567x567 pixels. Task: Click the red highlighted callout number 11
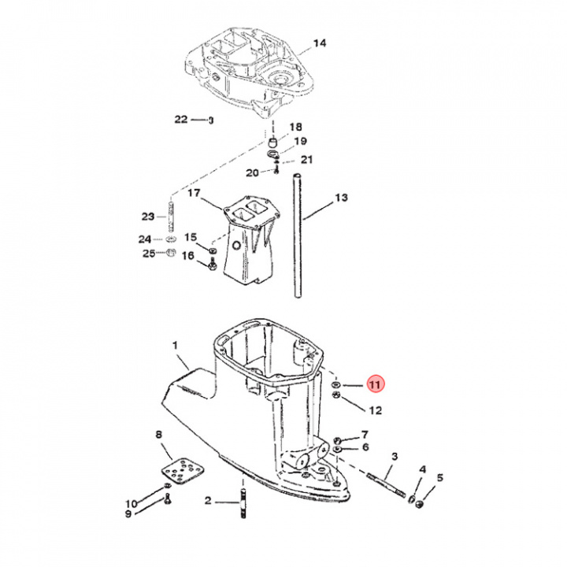click(x=375, y=384)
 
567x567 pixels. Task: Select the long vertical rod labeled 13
click(x=298, y=236)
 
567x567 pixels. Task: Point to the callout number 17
click(x=194, y=193)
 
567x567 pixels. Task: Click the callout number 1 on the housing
click(x=175, y=345)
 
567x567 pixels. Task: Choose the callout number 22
click(x=181, y=120)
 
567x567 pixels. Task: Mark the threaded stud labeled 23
click(x=170, y=217)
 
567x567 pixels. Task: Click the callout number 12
click(x=375, y=409)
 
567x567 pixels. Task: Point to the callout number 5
click(x=439, y=477)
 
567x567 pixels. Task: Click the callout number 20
click(x=252, y=172)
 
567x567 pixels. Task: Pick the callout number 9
click(x=128, y=514)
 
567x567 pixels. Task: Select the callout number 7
click(x=365, y=435)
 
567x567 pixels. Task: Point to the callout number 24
click(x=145, y=239)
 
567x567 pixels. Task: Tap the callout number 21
click(x=306, y=160)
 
